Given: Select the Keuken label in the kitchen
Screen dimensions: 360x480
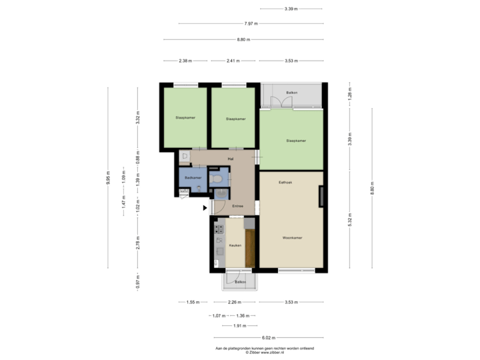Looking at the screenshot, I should click(235, 245).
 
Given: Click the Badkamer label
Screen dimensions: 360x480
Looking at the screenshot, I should click(193, 178).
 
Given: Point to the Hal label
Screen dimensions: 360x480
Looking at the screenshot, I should click(230, 159).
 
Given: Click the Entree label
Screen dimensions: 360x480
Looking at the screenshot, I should click(237, 206).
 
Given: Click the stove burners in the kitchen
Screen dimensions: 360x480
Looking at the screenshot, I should click(219, 231).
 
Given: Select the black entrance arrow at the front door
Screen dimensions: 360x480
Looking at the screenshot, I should click(205, 207).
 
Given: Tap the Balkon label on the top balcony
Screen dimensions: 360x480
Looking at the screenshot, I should click(291, 92).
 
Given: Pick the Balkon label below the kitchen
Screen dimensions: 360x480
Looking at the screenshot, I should click(240, 282).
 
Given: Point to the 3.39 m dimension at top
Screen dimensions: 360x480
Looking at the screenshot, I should click(291, 9).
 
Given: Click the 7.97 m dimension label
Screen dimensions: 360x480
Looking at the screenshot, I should click(251, 23).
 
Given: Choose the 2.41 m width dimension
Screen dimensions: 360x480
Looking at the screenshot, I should click(233, 61).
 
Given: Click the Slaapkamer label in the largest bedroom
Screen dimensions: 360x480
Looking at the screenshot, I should click(295, 141).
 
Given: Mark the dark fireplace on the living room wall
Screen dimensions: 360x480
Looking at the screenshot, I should click(322, 197).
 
